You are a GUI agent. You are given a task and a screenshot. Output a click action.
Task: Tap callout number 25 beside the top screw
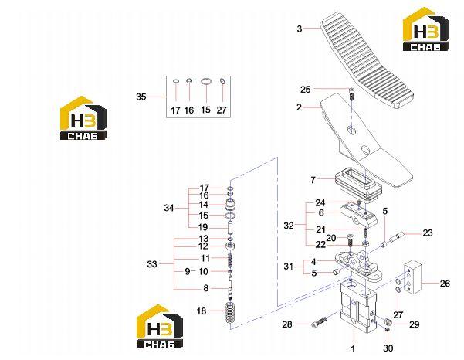(x=306, y=90)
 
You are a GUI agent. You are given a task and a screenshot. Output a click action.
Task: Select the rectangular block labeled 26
(x=412, y=277)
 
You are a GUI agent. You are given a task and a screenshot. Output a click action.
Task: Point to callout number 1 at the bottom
(x=353, y=349)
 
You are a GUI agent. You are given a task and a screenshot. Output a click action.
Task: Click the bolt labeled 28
(x=319, y=323)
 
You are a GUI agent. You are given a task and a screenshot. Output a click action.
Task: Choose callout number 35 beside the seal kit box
(x=141, y=97)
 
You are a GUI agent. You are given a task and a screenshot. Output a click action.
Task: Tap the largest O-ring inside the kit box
(x=206, y=82)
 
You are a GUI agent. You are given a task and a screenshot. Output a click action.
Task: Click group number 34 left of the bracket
(x=168, y=208)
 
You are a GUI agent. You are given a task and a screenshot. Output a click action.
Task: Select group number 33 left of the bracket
(x=152, y=263)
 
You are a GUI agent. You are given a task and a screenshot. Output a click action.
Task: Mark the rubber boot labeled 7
(x=358, y=185)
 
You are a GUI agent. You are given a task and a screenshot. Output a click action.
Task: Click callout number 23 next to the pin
(x=427, y=233)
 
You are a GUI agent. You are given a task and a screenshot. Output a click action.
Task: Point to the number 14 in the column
(x=204, y=205)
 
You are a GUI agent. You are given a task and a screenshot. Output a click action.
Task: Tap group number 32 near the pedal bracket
(x=289, y=226)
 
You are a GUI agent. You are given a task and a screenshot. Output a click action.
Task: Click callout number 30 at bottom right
(x=388, y=348)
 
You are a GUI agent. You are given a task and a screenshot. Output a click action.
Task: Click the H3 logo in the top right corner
(x=426, y=29)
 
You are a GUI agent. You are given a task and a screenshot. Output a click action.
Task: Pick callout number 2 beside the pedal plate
(x=300, y=107)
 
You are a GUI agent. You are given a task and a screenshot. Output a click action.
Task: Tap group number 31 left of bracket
(x=288, y=267)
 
